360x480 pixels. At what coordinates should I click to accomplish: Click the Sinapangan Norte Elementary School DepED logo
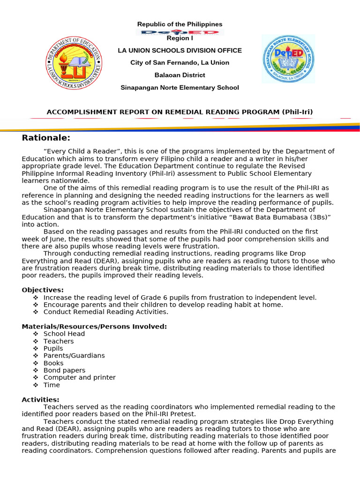288,59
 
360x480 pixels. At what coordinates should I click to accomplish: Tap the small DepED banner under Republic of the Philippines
180,32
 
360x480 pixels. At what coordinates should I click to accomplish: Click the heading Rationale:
46,138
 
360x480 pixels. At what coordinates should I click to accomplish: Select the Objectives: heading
43,290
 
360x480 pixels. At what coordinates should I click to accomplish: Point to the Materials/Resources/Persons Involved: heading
94,326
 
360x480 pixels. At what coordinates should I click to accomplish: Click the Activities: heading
40,399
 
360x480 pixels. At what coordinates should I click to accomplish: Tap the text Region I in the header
180,38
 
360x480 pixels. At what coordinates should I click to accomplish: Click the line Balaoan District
180,75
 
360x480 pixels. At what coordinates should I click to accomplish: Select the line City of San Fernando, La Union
180,63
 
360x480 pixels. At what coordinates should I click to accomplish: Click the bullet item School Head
64,334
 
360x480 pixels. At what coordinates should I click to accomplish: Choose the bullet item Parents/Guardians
74,355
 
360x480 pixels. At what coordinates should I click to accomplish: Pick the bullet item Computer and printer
79,377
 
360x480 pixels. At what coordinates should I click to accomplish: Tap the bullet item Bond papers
64,370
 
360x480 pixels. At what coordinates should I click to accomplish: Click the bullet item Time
52,385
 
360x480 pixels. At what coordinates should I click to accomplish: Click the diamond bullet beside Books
36,363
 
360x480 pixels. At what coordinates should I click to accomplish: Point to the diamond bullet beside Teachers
36,341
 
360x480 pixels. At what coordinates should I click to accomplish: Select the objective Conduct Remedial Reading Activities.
105,312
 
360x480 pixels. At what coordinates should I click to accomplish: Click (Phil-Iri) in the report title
297,112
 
